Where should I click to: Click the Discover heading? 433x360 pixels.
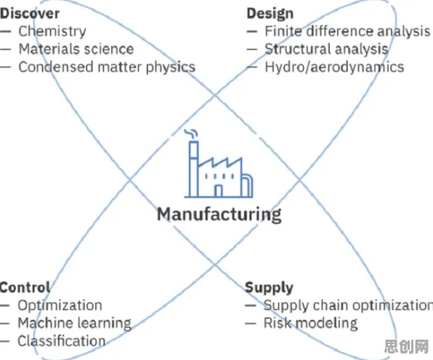click(x=30, y=14)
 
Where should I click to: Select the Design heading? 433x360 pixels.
click(x=270, y=14)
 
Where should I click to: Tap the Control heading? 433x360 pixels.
click(x=25, y=287)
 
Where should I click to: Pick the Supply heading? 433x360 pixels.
click(x=269, y=288)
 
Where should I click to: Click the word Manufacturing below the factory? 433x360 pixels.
click(x=219, y=214)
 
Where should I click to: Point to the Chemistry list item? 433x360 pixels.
click(x=52, y=31)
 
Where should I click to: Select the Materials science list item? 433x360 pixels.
click(x=76, y=49)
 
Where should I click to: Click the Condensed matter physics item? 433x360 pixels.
click(x=107, y=67)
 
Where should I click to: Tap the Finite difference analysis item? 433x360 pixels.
click(x=347, y=31)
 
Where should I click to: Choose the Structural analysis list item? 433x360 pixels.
click(x=327, y=49)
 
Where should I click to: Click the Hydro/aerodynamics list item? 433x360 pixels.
click(x=334, y=67)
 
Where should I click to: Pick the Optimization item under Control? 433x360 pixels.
click(x=60, y=306)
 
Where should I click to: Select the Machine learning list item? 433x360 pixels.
click(x=75, y=323)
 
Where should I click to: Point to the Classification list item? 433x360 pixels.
click(x=62, y=341)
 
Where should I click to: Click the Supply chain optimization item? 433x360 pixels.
click(x=348, y=306)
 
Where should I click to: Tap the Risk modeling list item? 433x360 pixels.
click(x=311, y=323)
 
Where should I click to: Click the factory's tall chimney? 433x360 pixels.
click(x=194, y=169)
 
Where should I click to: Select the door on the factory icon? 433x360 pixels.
click(x=219, y=191)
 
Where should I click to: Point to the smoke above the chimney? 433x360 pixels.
click(x=191, y=134)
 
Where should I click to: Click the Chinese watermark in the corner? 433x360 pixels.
click(x=407, y=346)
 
